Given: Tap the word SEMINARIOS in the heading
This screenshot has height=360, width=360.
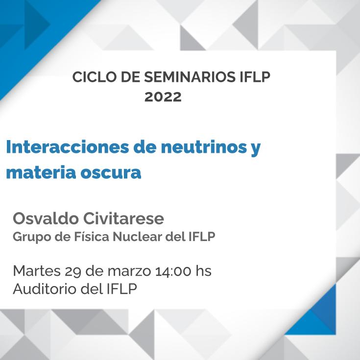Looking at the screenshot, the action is coord(190,77).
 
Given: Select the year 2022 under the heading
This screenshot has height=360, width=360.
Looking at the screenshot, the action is coord(163,96).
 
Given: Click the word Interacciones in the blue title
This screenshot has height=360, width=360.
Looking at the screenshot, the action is coord(68,147).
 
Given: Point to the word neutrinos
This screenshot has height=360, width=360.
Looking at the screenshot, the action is coord(204,147).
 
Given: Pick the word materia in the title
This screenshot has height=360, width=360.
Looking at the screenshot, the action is coord(41,172).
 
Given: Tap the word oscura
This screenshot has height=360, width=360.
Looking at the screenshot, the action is coord(111,173).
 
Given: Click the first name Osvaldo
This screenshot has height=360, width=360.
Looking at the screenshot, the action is coord(46,218).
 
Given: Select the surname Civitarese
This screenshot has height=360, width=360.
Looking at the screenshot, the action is coord(123,218).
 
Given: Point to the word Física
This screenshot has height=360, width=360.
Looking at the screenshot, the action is coord(92,237).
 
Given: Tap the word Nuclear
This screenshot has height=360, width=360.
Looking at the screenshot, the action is coord(137,237).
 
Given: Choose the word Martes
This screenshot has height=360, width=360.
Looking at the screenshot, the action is coord(37,271).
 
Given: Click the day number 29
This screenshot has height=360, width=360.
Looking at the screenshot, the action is coord(73,271).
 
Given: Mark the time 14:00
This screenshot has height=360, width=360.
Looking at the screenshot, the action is coord(173,271).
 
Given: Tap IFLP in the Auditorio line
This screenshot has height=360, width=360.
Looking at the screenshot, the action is coord(122,289).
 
